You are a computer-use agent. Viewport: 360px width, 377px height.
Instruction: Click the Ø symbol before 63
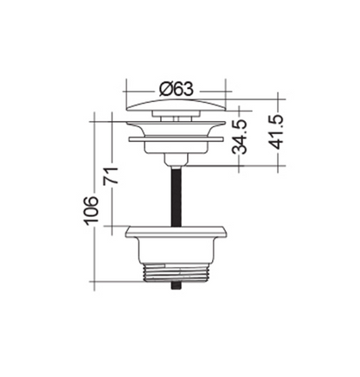pyautogui.click(x=164, y=86)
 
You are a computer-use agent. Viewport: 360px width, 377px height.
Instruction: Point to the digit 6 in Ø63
pyautogui.click(x=177, y=86)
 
